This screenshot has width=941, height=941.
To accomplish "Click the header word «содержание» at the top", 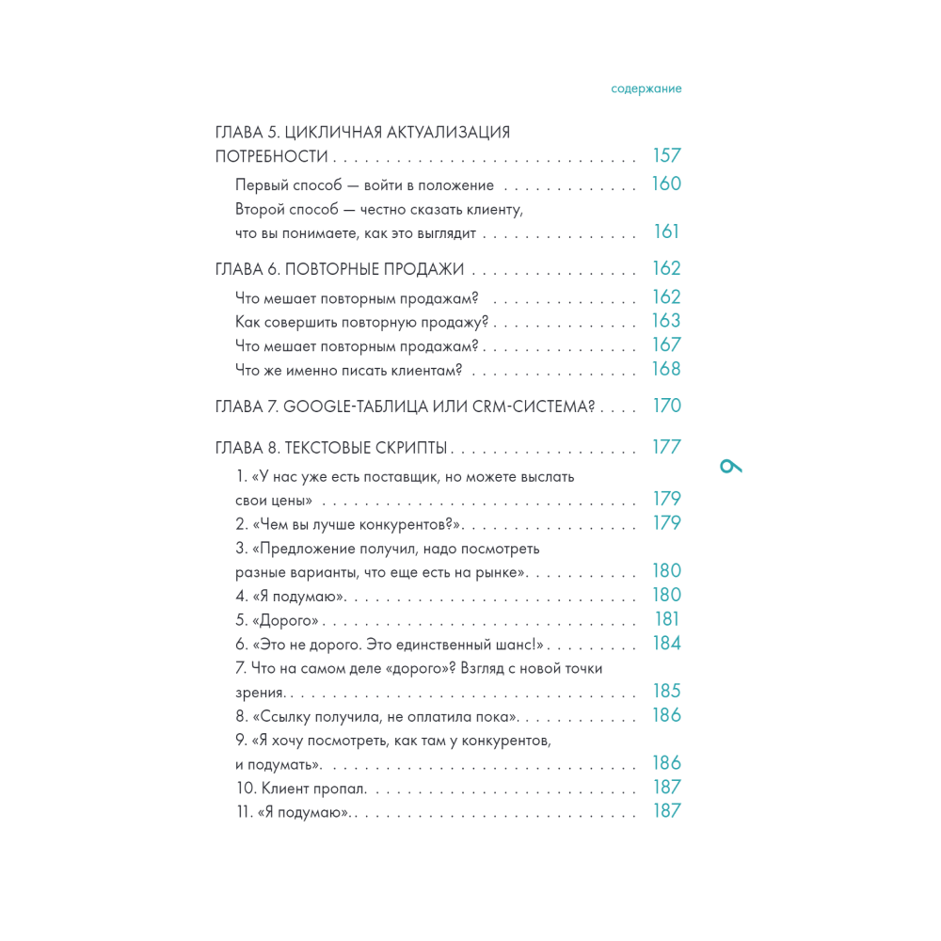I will (x=646, y=88).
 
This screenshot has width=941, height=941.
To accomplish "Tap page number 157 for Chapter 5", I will (x=666, y=156).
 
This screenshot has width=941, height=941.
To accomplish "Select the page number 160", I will (x=666, y=184).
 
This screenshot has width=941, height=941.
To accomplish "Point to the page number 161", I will (x=666, y=232).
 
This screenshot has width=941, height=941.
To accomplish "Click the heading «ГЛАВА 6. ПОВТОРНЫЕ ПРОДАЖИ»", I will (x=340, y=269).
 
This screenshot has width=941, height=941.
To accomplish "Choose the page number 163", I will (x=666, y=322).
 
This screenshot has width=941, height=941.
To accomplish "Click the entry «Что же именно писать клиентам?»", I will (x=348, y=370).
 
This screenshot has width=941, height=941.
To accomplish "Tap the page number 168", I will (x=666, y=370).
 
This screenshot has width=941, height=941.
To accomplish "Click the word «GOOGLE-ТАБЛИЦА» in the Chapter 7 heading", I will (x=343, y=407).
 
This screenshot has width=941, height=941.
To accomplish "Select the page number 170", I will (x=666, y=407).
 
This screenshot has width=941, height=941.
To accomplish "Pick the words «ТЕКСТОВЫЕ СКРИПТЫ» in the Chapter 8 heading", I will (x=366, y=448).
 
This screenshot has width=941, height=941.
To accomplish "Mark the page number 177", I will (x=666, y=448).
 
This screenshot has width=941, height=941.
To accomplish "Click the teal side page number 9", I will (x=730, y=466).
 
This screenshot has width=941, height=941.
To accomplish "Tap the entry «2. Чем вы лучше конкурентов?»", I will (x=349, y=524).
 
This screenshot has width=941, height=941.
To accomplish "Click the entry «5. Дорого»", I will (x=278, y=620).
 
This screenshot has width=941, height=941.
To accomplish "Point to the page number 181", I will (x=666, y=620).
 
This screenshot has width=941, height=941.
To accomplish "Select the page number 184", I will (x=666, y=645).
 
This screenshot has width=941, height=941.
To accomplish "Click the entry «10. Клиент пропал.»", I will (x=301, y=788).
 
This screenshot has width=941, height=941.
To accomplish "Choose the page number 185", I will (x=666, y=692).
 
